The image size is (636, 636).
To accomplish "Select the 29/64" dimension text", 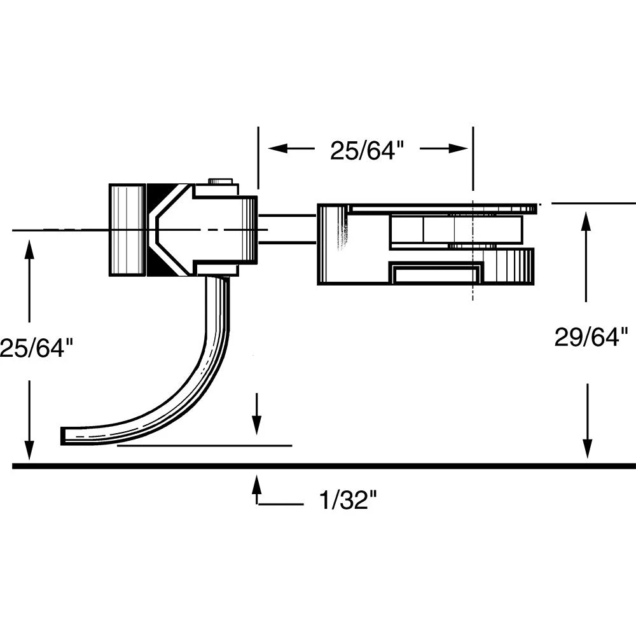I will [591, 337].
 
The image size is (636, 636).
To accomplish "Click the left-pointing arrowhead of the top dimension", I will [275, 148].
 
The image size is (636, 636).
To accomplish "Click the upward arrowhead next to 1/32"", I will [256, 483].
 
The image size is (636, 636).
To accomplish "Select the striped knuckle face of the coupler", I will [127, 230].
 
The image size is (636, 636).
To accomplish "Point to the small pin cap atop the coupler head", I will [220, 181].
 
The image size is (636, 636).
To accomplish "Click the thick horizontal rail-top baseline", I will [382, 466].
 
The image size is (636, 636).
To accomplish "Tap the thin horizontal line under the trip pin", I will [204, 446].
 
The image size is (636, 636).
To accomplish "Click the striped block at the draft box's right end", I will [513, 266].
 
